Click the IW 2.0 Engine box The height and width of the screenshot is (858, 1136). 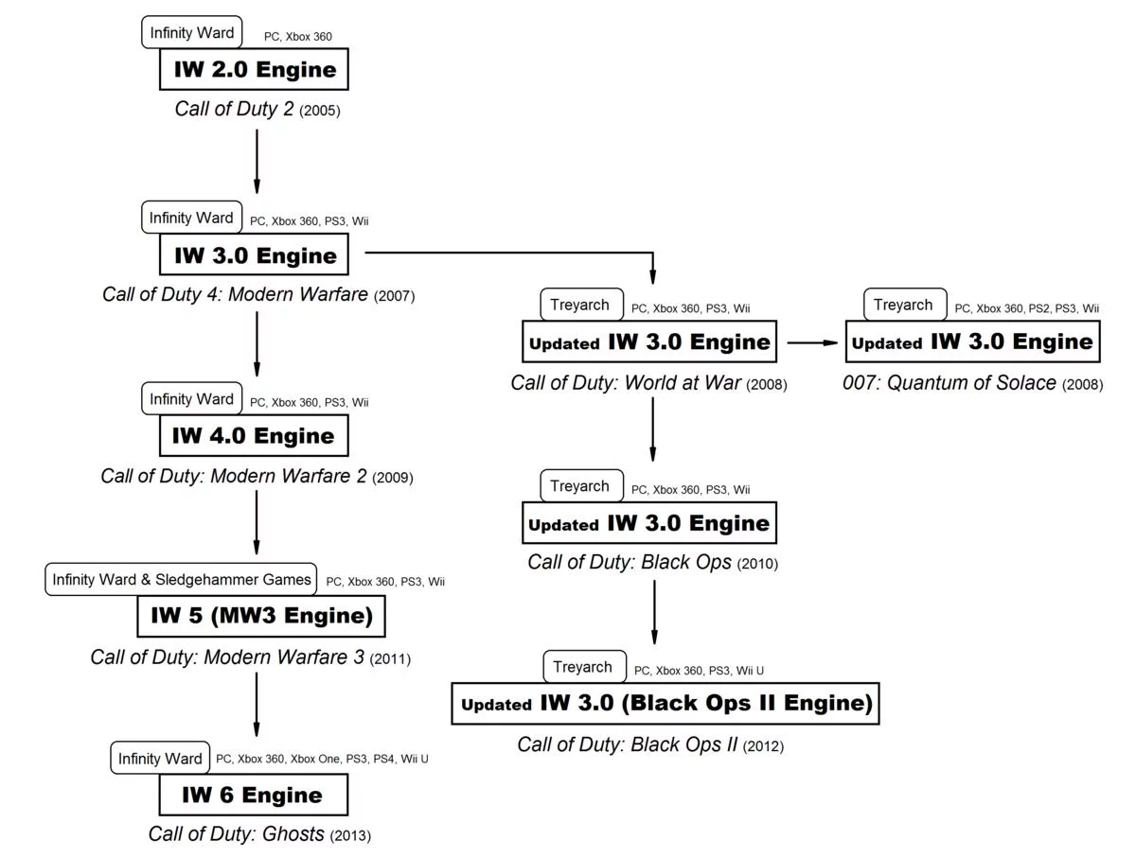[254, 69]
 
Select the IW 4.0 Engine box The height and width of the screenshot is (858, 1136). [253, 436]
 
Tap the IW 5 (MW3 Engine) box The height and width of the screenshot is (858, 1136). [261, 616]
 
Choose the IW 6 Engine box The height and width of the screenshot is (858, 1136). [253, 795]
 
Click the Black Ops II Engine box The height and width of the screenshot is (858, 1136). [666, 704]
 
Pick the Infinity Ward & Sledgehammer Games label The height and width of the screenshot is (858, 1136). [181, 579]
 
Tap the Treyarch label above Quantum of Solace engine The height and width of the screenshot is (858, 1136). [904, 305]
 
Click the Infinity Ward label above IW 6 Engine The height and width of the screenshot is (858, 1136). [160, 758]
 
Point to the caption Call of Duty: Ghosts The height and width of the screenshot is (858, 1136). [236, 834]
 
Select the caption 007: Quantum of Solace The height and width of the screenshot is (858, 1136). [950, 383]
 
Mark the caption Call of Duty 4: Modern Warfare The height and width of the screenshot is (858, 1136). [235, 294]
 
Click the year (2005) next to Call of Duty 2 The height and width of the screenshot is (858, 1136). [320, 111]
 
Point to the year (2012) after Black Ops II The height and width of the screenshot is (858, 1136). [763, 746]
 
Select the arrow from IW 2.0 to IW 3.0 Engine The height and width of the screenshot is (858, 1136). [257, 161]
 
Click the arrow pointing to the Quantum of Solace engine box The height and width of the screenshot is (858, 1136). [812, 342]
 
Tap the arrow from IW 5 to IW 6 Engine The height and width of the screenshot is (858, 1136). [257, 703]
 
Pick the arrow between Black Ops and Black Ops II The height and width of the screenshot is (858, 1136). [653, 612]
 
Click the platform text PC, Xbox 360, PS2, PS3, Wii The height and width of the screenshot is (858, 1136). [1026, 308]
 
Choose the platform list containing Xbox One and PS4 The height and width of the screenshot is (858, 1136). [322, 759]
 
